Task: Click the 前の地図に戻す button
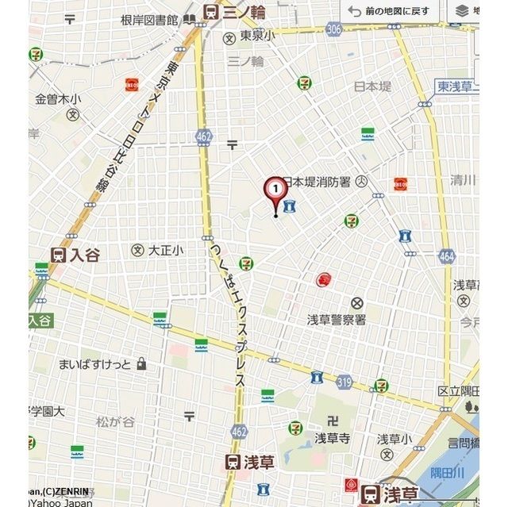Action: pyautogui.click(x=390, y=12)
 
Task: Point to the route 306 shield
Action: pyautogui.click(x=333, y=29)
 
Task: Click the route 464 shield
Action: pyautogui.click(x=446, y=255)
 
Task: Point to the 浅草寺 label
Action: pyautogui.click(x=332, y=438)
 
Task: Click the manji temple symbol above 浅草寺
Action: pyautogui.click(x=333, y=419)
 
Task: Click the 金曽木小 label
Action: pyautogui.click(x=58, y=99)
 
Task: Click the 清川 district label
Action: pyautogui.click(x=463, y=179)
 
